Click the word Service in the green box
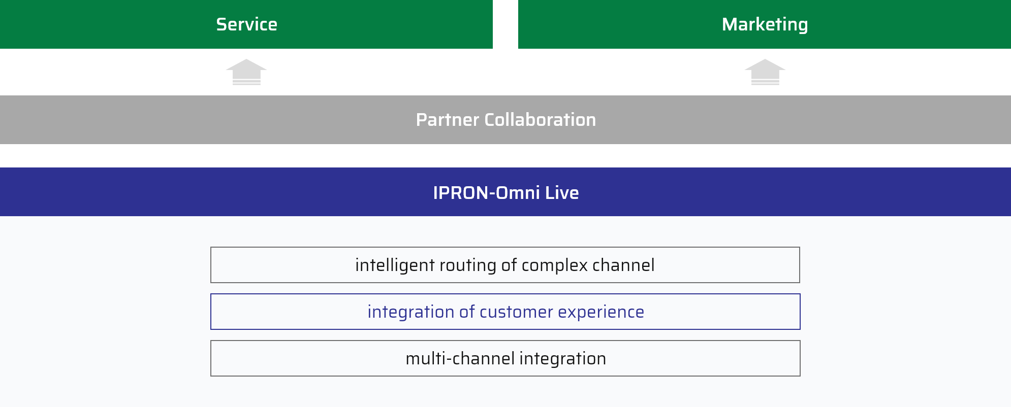tap(246, 24)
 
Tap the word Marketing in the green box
tap(765, 25)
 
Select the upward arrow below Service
tap(246, 72)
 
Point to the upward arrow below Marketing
tap(765, 72)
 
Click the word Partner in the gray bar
tap(447, 120)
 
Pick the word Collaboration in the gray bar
tap(540, 120)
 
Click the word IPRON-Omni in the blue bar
tap(486, 193)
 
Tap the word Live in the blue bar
tap(562, 193)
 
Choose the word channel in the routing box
tap(623, 265)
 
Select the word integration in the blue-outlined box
tap(411, 312)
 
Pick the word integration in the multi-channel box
tap(562, 359)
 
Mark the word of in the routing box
tap(509, 265)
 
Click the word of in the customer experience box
tap(467, 312)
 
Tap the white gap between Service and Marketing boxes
tap(505, 24)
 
